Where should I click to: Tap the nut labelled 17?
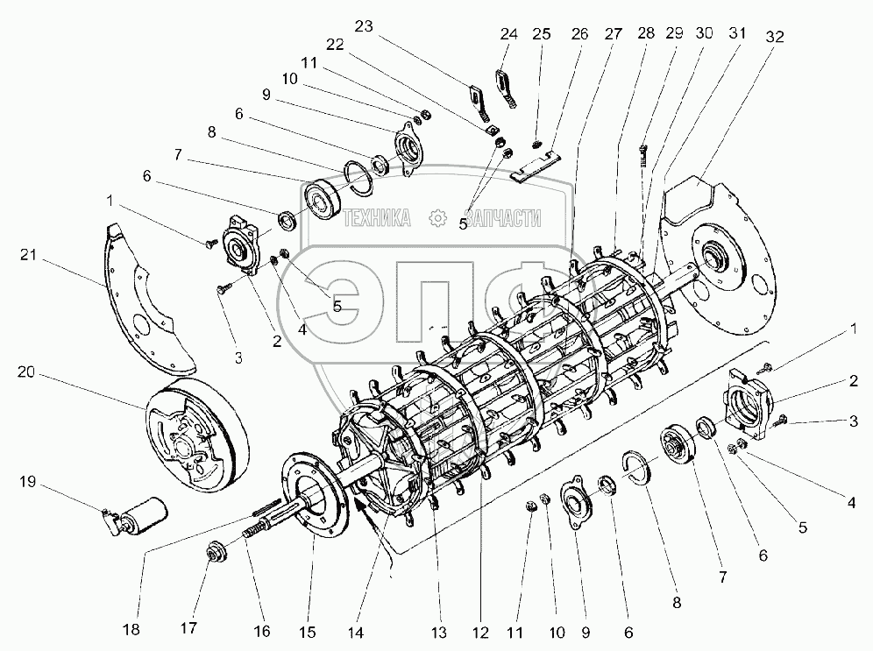coord(215,555)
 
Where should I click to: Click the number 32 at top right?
coord(774,36)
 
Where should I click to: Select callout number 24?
coord(509,34)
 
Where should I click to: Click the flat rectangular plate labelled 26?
coord(535,167)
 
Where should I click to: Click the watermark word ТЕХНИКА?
coord(378,218)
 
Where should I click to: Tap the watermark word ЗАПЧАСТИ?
coord(501,218)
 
